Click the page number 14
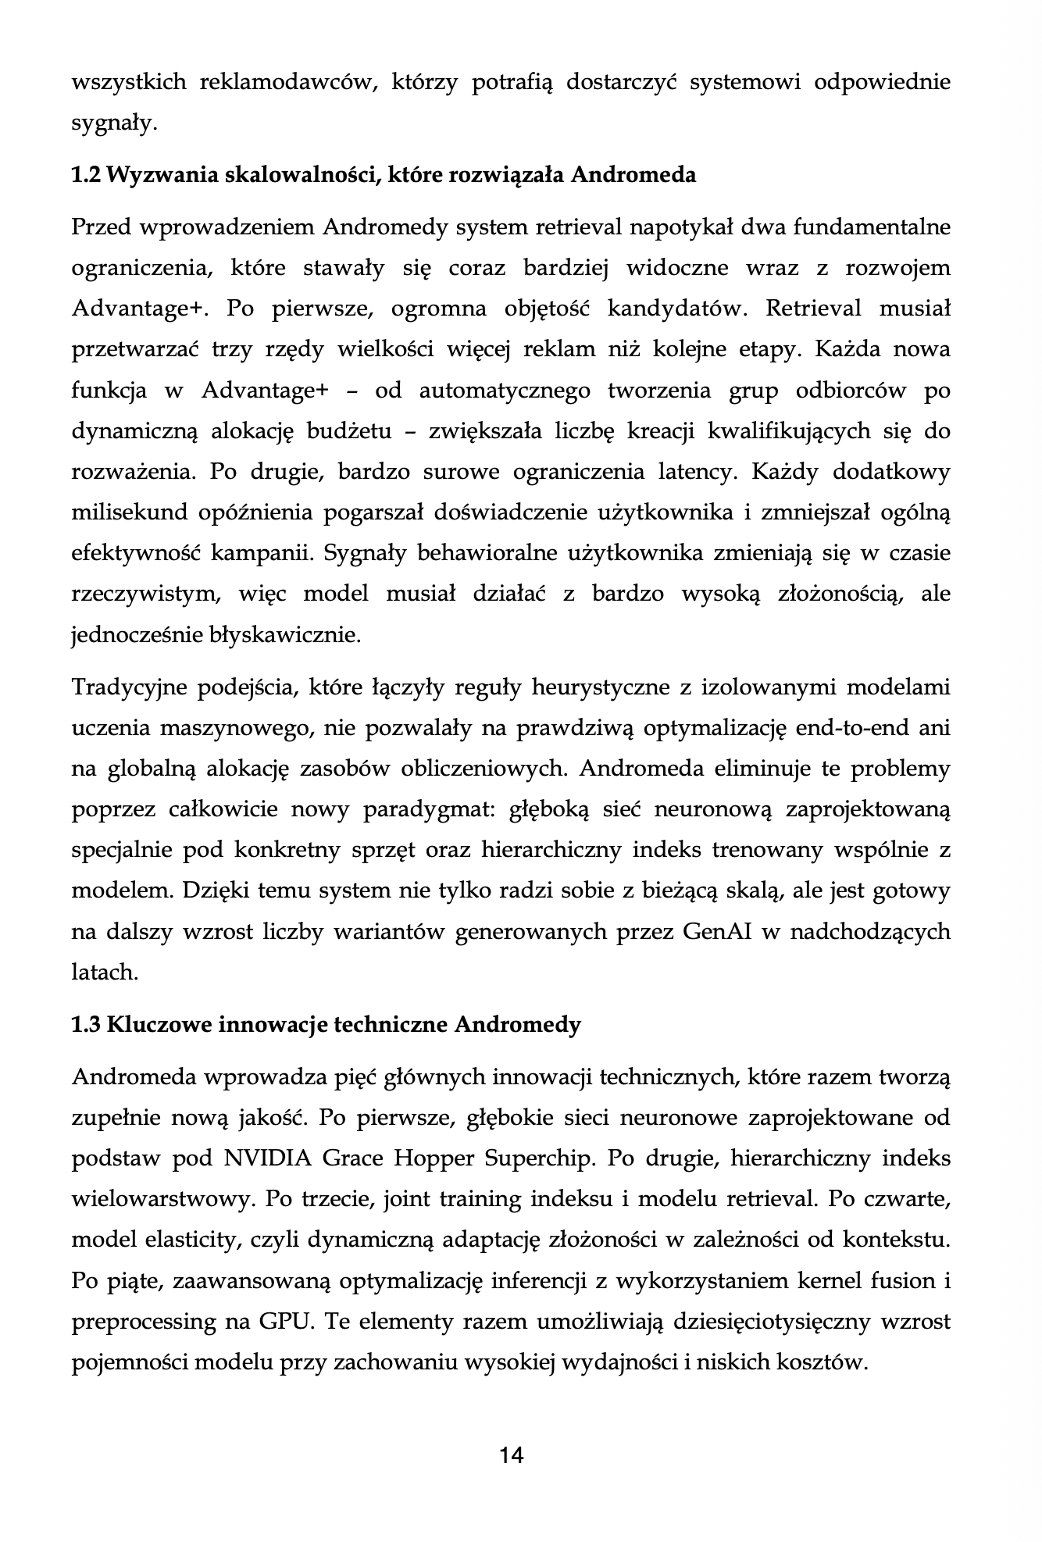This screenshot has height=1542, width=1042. point(512,1455)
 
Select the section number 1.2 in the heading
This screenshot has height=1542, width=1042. point(85,174)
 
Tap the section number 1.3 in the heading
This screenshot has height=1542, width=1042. point(85,1024)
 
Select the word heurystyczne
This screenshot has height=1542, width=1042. point(598,688)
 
